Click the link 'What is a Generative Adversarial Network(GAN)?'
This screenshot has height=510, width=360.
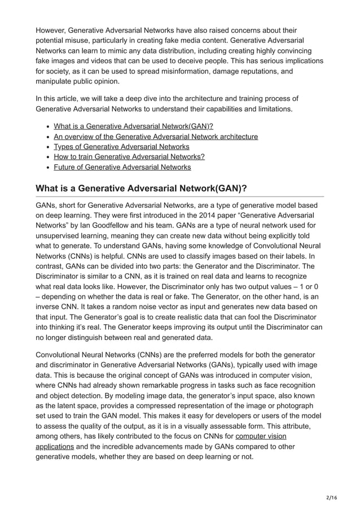(x=133, y=126)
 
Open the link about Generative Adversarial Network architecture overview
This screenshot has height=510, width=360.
(x=156, y=136)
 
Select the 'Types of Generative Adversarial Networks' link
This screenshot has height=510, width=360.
(x=121, y=146)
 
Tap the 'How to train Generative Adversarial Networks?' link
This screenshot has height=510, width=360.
(x=129, y=156)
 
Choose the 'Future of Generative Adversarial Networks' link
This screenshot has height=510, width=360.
(x=122, y=167)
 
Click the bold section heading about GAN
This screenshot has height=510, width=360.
(x=145, y=188)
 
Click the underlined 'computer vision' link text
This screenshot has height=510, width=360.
(x=261, y=436)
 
